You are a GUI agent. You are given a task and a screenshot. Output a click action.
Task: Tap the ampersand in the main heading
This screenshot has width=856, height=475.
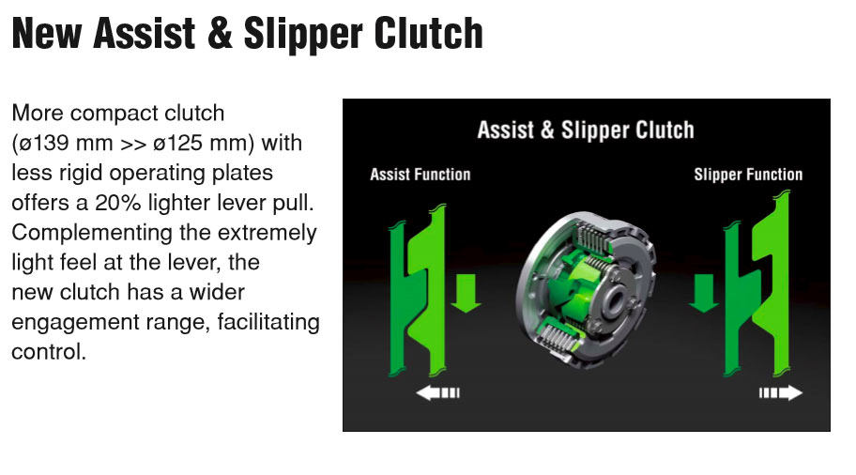tap(220, 34)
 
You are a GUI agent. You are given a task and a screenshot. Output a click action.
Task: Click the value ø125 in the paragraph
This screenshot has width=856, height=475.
tap(176, 143)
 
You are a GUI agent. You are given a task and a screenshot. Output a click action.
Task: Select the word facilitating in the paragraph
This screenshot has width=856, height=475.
tap(268, 322)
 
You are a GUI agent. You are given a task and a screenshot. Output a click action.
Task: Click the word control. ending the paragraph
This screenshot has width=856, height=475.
tap(49, 352)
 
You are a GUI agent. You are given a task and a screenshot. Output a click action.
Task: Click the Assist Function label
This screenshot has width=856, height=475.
tap(420, 175)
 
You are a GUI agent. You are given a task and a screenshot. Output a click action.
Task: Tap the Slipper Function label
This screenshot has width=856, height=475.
tap(748, 175)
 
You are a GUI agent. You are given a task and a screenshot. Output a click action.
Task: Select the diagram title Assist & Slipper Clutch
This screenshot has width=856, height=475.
tap(586, 130)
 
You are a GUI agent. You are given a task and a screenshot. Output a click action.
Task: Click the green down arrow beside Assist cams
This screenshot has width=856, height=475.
tap(466, 293)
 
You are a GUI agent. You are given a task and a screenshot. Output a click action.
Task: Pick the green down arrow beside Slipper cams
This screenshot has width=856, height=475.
tap(704, 293)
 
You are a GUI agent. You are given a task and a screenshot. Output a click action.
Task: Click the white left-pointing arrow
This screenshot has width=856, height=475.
tap(437, 392)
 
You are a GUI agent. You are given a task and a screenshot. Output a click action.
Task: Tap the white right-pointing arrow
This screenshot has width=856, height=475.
tap(781, 392)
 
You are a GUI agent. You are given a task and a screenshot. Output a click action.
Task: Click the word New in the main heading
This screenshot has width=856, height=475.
tap(47, 34)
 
